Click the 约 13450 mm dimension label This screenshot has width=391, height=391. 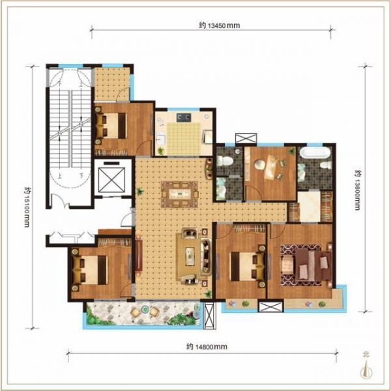point(220,25)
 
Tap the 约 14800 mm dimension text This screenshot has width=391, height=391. point(207,347)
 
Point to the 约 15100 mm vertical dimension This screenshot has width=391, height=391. point(27,207)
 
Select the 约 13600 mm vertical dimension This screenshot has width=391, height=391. point(357,190)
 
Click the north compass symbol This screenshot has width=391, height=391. point(366,366)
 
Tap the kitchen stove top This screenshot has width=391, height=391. point(184,117)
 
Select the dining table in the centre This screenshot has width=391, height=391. point(180,194)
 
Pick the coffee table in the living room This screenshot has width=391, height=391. point(190,256)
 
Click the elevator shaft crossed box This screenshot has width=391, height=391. point(111,180)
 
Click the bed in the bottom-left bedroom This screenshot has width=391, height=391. point(91,270)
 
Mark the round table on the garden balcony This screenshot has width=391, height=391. point(145,310)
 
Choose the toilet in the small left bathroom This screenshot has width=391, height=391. point(225,160)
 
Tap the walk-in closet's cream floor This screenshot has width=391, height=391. point(309,206)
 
